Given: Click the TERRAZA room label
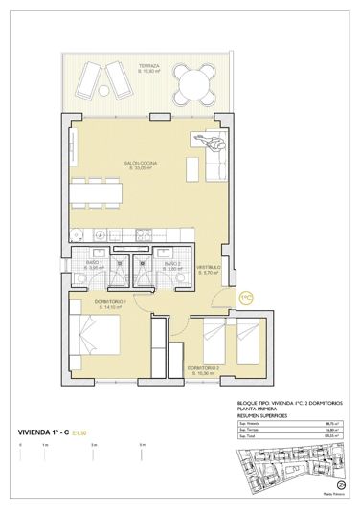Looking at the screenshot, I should [148, 67].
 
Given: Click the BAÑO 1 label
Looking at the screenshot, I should [95, 265].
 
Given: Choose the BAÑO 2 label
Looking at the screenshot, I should [171, 265].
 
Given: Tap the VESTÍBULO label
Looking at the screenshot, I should [209, 270].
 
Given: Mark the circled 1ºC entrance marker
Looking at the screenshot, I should [245, 298].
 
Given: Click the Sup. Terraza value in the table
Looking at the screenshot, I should [329, 432].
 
